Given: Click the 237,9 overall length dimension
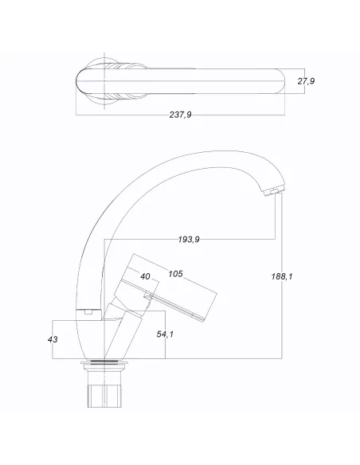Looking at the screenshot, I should point(180,115).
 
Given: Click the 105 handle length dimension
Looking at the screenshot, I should point(176,273).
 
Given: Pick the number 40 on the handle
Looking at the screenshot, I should point(146,276).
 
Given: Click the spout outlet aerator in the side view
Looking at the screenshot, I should point(272,190).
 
